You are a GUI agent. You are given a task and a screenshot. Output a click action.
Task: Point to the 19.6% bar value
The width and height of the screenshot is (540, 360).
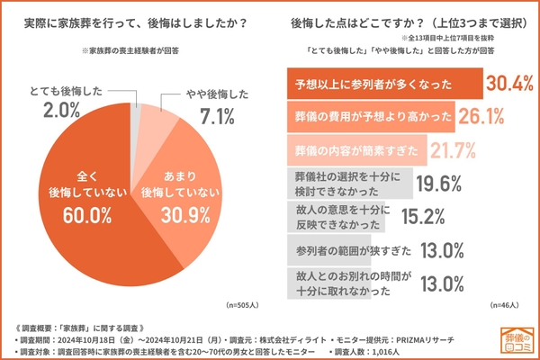pyautogui.click(x=441, y=184)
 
